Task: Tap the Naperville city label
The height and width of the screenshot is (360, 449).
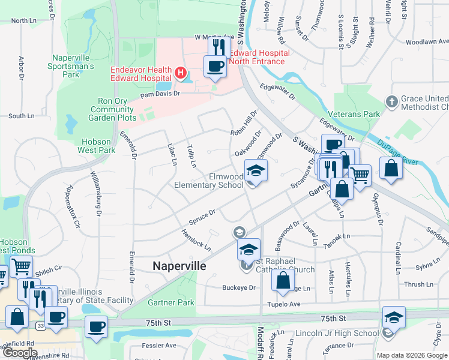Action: pos(179,265)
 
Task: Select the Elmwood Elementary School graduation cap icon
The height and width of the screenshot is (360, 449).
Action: pos(256,172)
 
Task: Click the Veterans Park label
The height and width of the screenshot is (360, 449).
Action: pos(355,114)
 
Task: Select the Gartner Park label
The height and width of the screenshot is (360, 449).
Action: pos(171,303)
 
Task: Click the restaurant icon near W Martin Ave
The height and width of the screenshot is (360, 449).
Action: pos(219,47)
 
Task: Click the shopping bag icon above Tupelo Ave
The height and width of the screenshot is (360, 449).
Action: pos(283,280)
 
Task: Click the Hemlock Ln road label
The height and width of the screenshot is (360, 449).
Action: pos(195,240)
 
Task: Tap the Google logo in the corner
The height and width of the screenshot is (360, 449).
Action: pos(20,352)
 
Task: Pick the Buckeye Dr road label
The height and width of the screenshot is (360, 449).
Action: pos(239,288)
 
